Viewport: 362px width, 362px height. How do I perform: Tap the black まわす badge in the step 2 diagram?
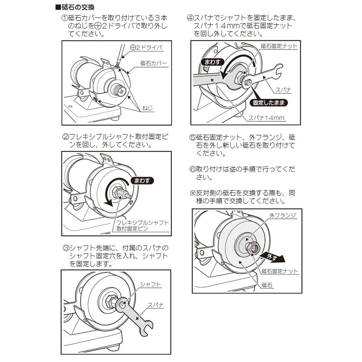[142, 181]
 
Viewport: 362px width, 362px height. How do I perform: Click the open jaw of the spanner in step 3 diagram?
[146, 325]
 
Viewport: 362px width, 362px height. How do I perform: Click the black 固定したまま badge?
[268, 103]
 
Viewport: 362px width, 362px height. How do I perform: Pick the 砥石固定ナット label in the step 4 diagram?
[279, 46]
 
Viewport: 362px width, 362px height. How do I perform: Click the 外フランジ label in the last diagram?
[282, 215]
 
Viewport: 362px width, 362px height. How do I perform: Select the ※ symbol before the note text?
[193, 193]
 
